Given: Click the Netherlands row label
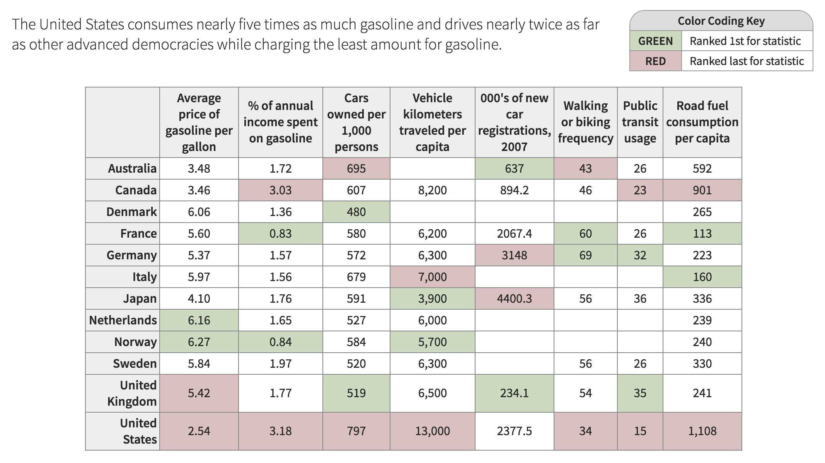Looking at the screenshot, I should [x=123, y=320].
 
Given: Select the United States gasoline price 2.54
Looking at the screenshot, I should [x=199, y=431].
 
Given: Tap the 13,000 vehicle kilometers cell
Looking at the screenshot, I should [x=432, y=431].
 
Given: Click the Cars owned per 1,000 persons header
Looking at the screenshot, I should [x=356, y=122].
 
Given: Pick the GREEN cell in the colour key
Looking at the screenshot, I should [x=655, y=41].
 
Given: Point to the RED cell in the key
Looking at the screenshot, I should [x=655, y=61].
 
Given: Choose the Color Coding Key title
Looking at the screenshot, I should [x=721, y=21].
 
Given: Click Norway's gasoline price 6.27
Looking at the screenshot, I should [x=199, y=342].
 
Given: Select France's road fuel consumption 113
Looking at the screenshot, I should [x=702, y=233].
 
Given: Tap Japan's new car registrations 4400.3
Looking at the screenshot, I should [x=514, y=298].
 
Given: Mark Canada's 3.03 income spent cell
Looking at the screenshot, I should [x=280, y=190].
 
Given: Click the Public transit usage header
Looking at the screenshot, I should [x=640, y=122].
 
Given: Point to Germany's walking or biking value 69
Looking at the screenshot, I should [x=585, y=255].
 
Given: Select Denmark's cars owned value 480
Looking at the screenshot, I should [x=356, y=212].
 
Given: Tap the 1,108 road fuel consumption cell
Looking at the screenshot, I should [x=702, y=431].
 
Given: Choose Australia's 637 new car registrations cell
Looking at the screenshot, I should [x=514, y=168].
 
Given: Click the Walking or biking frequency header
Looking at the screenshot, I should [x=585, y=122].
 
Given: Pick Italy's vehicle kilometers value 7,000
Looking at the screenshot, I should [x=432, y=277].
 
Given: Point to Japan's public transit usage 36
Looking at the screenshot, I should [x=640, y=298].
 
